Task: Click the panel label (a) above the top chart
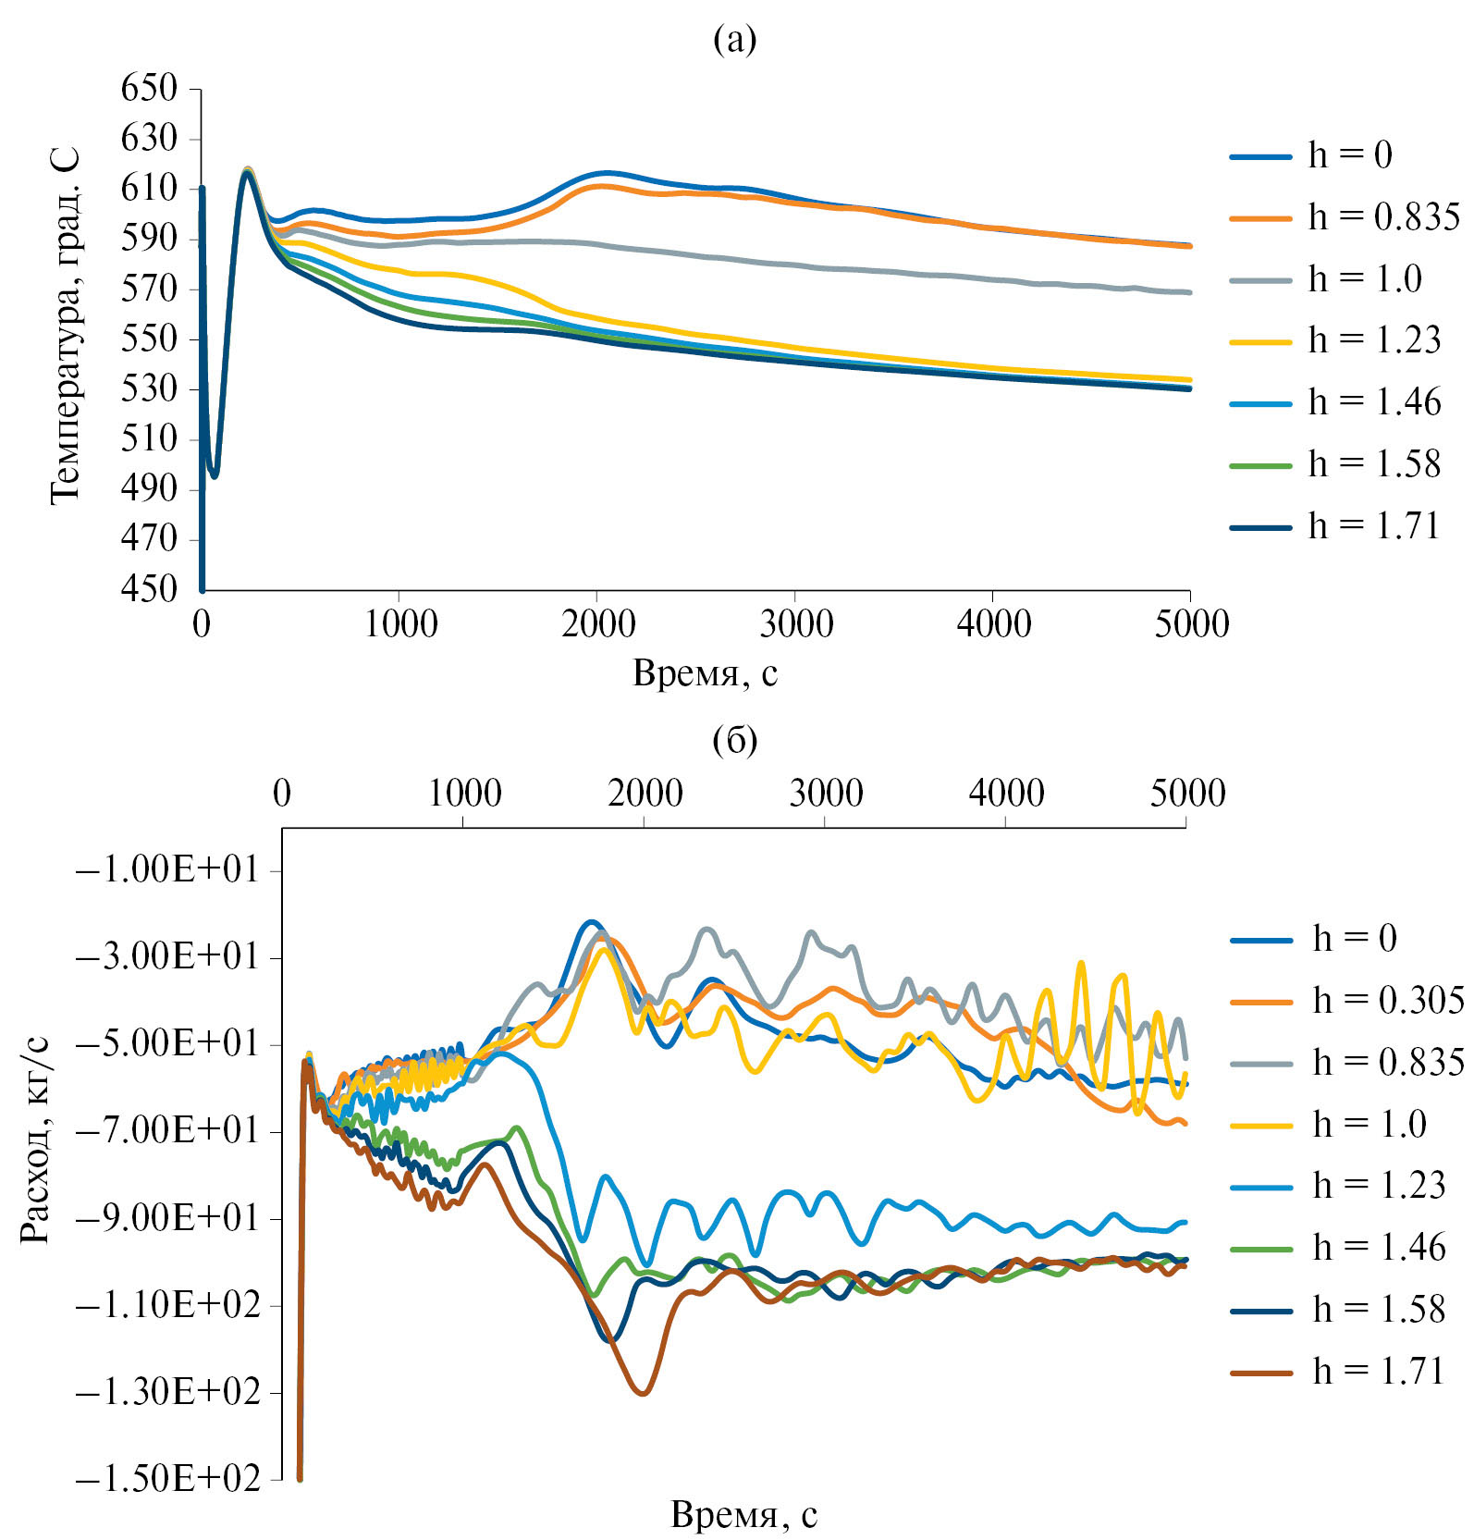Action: pyautogui.click(x=735, y=40)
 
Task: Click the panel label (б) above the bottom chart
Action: pyautogui.click(x=735, y=740)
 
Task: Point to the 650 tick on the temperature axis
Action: pyautogui.click(x=148, y=89)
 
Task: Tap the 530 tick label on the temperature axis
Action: pyautogui.click(x=148, y=388)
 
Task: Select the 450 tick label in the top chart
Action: pyautogui.click(x=148, y=588)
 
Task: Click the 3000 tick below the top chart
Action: pyautogui.click(x=795, y=624)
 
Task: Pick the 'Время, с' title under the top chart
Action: pyautogui.click(x=705, y=673)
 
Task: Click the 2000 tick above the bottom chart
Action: pyautogui.click(x=645, y=794)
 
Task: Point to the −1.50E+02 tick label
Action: pyautogui.click(x=167, y=1478)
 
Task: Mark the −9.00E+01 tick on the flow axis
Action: pyautogui.click(x=167, y=1218)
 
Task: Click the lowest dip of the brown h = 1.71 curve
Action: pyautogui.click(x=644, y=1393)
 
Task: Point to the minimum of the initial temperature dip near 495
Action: pyautogui.click(x=215, y=475)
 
